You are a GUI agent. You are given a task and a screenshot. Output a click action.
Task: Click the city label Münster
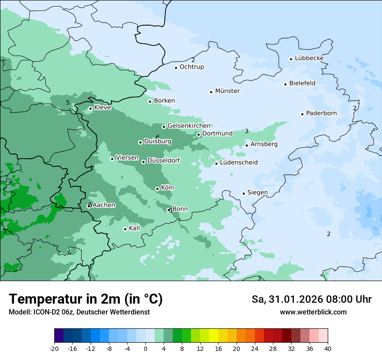pos(227,91)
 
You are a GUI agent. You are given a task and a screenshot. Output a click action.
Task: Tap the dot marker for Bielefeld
pos(286,84)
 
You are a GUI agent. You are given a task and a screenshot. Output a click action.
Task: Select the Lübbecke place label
pos(309,58)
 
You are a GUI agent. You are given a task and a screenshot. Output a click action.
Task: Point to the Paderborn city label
pos(321,113)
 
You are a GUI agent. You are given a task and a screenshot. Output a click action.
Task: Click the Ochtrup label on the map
pos(191,67)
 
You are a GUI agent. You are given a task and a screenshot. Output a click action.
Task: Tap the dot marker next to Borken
pos(150,101)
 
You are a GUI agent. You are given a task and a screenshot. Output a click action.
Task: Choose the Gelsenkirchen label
pos(189,126)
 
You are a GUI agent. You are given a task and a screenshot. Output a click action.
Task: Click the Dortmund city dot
pos(198,134)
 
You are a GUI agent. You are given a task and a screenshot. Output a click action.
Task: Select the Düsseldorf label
pos(163,160)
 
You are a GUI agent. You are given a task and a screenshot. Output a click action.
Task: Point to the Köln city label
pos(167,188)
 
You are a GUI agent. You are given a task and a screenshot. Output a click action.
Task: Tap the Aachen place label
pos(104,205)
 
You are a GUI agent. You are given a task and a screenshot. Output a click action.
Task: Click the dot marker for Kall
pos(125,229)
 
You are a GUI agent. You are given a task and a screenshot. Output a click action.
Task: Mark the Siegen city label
pos(257,193)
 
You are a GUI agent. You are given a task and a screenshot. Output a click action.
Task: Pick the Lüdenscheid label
pos(239,163)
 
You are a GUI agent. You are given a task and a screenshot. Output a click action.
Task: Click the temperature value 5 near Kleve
pos(68,102)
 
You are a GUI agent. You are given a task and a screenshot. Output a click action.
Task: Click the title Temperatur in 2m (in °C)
pos(86,299)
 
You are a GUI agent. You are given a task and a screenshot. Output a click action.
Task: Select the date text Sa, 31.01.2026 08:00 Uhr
pos(311,299)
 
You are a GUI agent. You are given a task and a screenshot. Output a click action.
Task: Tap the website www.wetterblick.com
pos(313,312)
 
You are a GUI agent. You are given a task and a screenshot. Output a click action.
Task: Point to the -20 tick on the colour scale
pos(54,348)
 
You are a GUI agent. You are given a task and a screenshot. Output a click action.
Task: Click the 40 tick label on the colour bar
pos(328,348)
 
